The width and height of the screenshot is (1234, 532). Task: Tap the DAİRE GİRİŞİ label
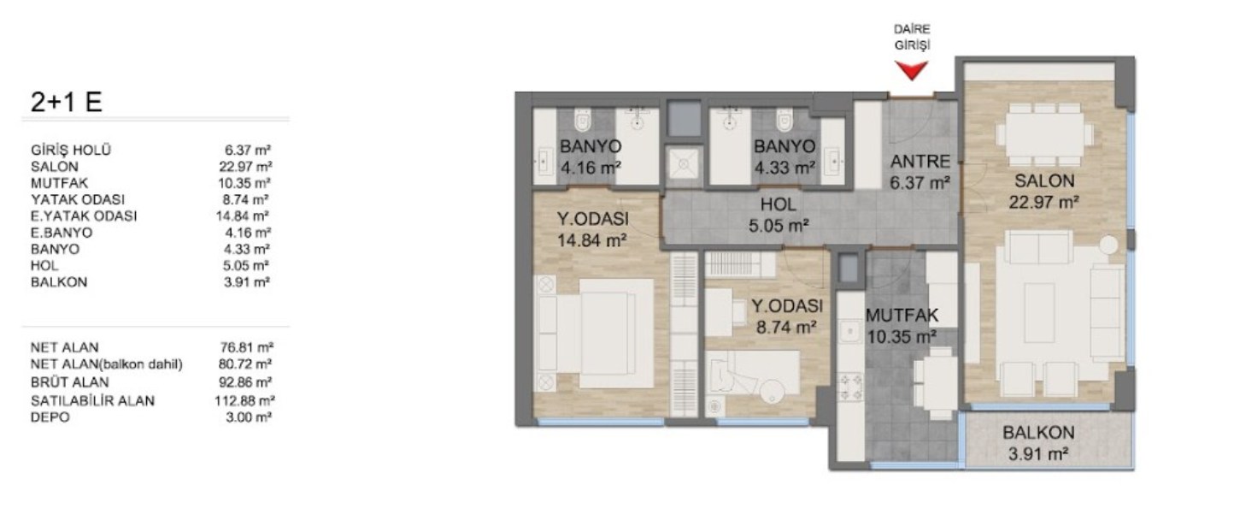(912, 37)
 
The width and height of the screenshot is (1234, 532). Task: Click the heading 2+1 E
(66, 102)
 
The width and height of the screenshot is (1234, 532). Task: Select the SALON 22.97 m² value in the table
(246, 167)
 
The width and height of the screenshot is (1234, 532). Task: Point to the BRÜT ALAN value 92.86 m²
(246, 382)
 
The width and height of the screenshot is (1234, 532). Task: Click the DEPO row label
(50, 417)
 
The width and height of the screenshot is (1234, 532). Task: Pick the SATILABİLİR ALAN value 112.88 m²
(244, 401)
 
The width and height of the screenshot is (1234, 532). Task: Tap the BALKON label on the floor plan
(1038, 433)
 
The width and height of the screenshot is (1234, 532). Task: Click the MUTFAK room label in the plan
(902, 316)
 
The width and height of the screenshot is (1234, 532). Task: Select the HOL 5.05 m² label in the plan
(779, 215)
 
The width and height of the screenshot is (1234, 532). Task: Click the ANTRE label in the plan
(920, 162)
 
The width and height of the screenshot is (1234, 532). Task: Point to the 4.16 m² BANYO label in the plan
(591, 157)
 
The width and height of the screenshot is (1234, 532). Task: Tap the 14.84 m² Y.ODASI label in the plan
(592, 230)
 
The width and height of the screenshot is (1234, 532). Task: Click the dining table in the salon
(1045, 134)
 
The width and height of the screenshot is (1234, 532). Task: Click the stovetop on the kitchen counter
(850, 387)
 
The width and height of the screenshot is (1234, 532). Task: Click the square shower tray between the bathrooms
(685, 164)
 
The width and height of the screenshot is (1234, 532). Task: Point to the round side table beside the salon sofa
(1108, 245)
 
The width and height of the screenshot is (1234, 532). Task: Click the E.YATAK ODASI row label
(84, 216)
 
